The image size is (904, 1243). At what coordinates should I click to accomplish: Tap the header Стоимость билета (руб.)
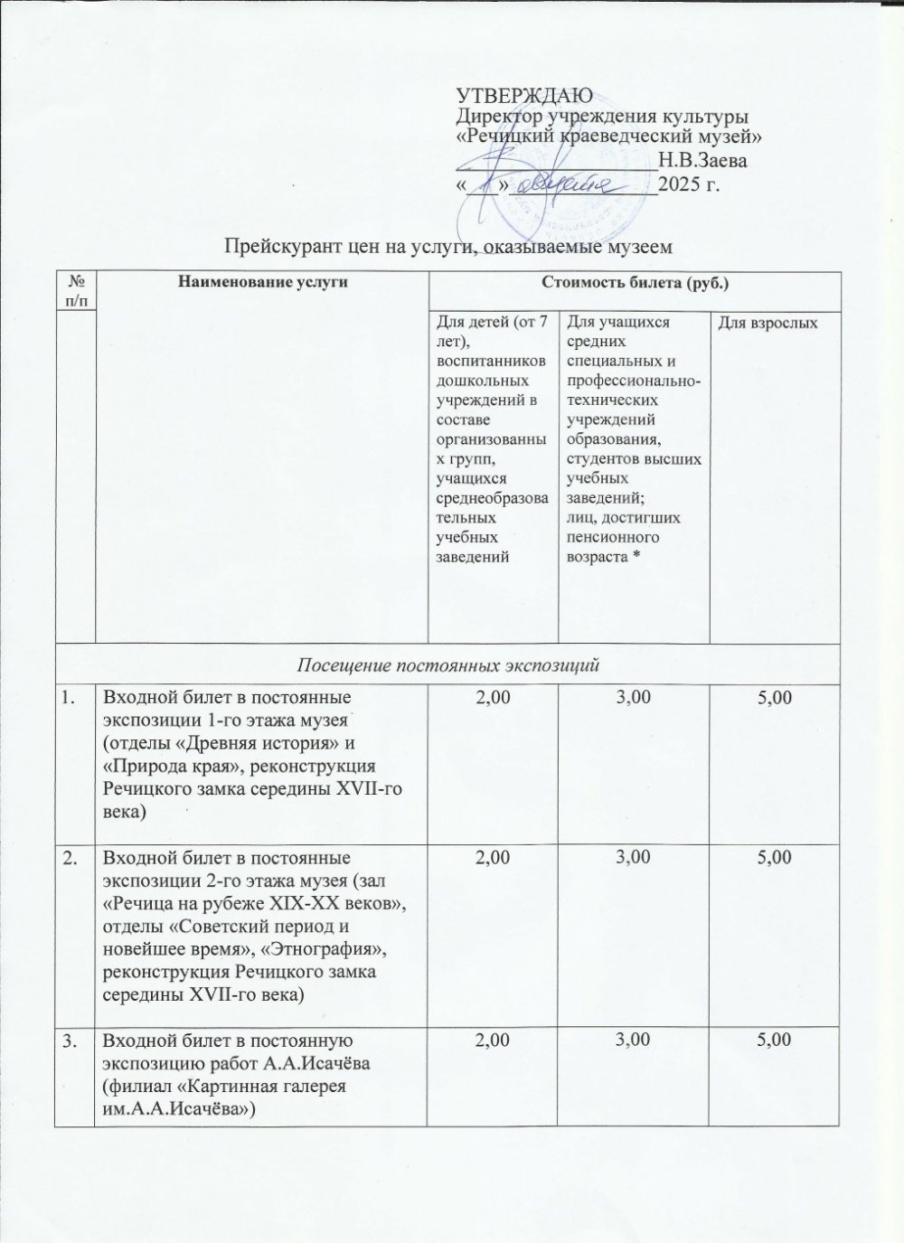point(635,284)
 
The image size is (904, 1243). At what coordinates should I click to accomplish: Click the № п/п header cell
point(76,291)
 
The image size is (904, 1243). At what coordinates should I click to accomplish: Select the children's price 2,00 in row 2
point(492,856)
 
